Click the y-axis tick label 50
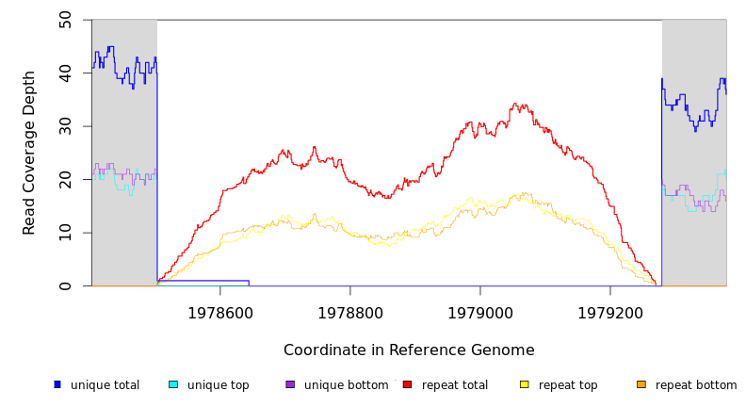(x=65, y=19)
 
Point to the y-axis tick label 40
(x=65, y=73)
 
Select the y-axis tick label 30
(x=65, y=126)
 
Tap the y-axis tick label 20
(x=65, y=179)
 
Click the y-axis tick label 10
(x=65, y=233)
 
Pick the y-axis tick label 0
(x=65, y=285)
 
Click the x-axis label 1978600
(x=220, y=313)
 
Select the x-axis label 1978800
(x=350, y=313)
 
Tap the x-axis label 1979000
(x=480, y=313)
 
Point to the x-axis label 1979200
(x=610, y=313)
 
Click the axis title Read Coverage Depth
(x=30, y=153)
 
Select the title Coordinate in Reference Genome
(x=409, y=350)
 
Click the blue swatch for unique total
(x=57, y=384)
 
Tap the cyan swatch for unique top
(x=173, y=384)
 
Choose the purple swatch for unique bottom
(x=290, y=384)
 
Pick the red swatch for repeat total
(x=407, y=384)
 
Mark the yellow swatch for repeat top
(x=524, y=384)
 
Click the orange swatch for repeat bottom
(x=641, y=384)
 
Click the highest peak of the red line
(x=514, y=105)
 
